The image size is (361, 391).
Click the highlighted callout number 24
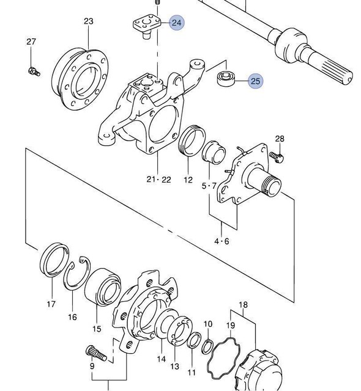[177, 23]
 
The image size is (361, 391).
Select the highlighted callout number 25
[255, 81]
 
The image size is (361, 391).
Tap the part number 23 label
[88, 21]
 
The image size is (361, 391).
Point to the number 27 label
[31, 42]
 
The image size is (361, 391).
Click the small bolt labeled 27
[33, 71]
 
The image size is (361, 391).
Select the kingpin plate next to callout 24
[145, 26]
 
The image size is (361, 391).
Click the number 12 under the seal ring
[188, 180]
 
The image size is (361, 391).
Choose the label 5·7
[209, 185]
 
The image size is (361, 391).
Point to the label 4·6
[221, 241]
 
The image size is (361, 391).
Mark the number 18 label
[243, 304]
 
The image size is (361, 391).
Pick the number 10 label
[208, 323]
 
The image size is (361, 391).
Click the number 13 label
[174, 367]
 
